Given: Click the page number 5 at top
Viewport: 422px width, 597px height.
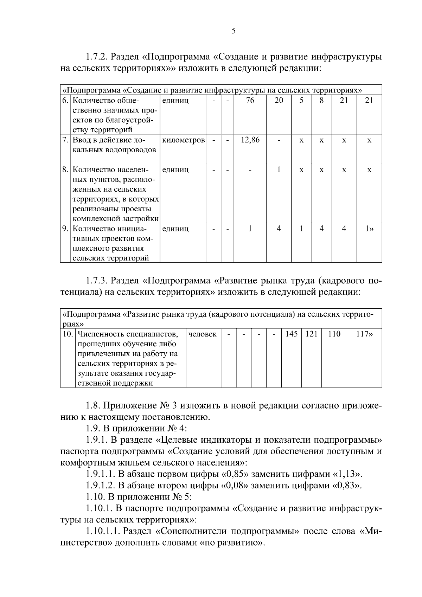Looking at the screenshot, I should [234, 31].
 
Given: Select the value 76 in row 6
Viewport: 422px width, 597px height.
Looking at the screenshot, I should [250, 101].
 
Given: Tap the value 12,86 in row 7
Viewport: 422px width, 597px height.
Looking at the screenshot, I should [250, 140].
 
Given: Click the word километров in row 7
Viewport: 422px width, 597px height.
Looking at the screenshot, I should [183, 140].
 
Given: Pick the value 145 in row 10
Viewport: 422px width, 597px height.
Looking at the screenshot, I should [292, 334].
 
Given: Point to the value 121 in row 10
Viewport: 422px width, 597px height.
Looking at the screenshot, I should [311, 334].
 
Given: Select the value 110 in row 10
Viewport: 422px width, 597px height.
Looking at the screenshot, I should [334, 334].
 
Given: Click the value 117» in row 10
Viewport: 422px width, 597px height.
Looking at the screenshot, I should [364, 334].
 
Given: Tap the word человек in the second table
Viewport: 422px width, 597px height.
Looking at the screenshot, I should [203, 334].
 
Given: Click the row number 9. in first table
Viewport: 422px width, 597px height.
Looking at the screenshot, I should [65, 229].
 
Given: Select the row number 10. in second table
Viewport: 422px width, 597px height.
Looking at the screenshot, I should [68, 334].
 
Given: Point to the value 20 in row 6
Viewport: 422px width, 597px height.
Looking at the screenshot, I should [279, 101].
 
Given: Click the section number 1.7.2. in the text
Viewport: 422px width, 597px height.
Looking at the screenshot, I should [98, 56].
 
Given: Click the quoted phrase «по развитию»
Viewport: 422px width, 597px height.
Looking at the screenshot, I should [232, 543].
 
